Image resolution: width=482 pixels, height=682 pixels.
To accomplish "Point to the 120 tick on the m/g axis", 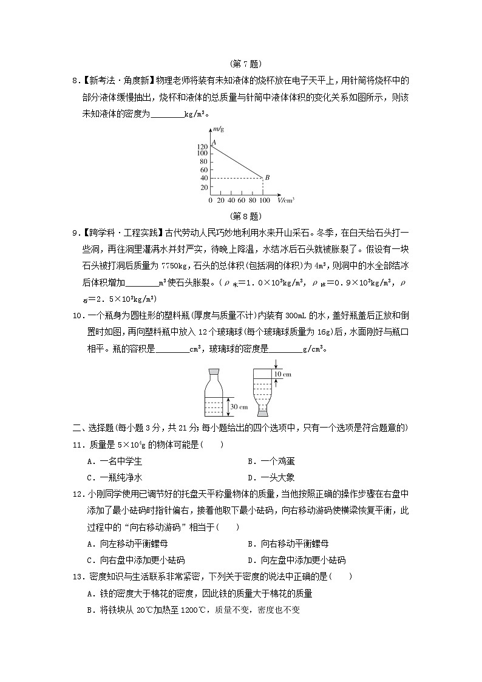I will (203, 146).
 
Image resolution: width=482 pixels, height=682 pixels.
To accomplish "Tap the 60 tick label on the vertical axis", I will (204, 169).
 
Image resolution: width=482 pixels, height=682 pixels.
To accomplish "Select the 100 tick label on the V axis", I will (263, 200).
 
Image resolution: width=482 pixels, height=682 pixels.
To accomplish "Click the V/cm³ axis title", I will (286, 199).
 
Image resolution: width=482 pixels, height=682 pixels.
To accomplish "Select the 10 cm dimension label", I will (282, 375).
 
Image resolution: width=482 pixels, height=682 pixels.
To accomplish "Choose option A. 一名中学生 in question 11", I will (114, 461).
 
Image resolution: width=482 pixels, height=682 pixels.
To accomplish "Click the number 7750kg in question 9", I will (177, 265).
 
